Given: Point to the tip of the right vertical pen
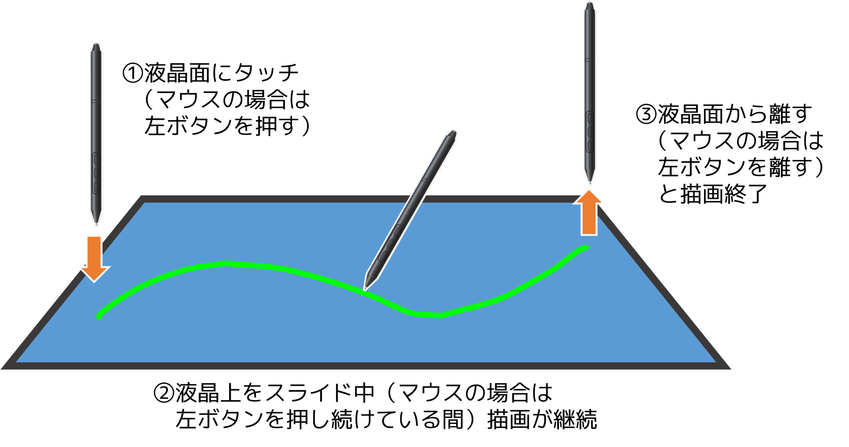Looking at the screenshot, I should (590, 184).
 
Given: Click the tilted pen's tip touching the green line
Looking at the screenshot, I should (365, 289).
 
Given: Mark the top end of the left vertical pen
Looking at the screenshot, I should (96, 44).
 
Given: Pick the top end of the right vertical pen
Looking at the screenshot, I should (589, 3).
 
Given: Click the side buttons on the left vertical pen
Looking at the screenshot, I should (96, 173).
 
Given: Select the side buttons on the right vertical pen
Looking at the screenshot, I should (589, 132).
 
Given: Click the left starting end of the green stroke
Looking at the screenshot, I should (99, 316).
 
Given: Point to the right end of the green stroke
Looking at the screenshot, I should (586, 247).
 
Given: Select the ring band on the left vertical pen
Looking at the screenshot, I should (96, 101).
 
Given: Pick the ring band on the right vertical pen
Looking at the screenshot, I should (589, 59).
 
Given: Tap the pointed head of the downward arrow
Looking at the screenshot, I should (94, 280).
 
